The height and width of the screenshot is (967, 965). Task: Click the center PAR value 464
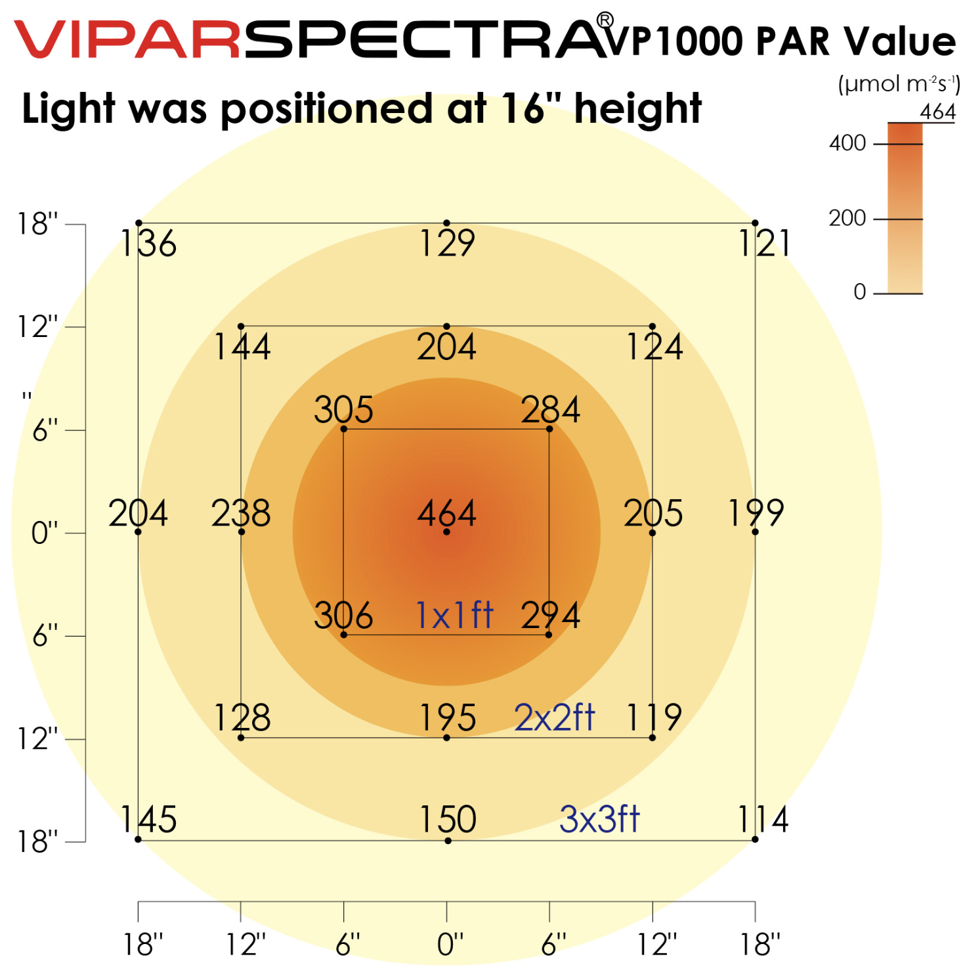point(446,513)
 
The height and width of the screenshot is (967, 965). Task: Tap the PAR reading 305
point(343,410)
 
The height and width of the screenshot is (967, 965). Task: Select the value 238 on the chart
point(240,513)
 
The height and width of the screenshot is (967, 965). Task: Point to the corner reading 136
point(148,244)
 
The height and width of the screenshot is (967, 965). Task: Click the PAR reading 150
point(448,819)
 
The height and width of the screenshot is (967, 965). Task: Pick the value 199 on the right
point(756,513)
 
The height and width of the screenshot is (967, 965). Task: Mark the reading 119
point(654,717)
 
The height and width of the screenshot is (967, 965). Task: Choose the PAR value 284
point(550,410)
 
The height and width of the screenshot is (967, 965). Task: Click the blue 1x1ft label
point(454,616)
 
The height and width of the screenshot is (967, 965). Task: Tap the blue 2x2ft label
point(555,717)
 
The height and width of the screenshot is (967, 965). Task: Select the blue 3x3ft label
point(599,819)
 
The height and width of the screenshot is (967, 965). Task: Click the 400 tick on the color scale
point(847,143)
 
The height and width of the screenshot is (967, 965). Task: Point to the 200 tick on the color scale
point(847,218)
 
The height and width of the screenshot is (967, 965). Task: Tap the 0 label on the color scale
point(860,292)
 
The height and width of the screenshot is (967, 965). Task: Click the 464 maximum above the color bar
point(937,112)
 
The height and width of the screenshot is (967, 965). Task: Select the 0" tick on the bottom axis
point(450,945)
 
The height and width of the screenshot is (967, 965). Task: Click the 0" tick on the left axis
point(45,533)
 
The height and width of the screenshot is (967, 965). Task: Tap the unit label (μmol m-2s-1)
point(899,84)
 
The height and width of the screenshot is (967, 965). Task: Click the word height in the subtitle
point(637,108)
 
